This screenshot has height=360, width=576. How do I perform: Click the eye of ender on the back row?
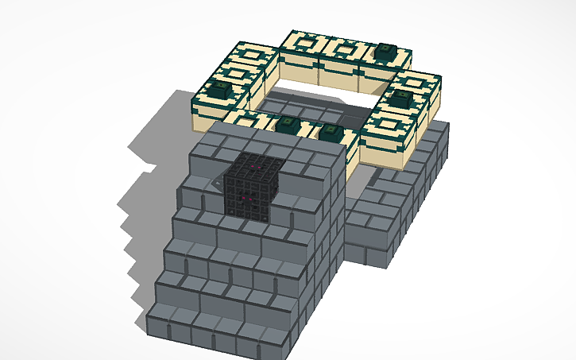(386, 50)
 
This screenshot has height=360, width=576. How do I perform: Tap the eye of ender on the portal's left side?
(220, 89)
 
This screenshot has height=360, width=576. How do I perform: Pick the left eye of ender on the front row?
(288, 125)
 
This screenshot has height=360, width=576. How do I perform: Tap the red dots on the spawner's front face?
(248, 200)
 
